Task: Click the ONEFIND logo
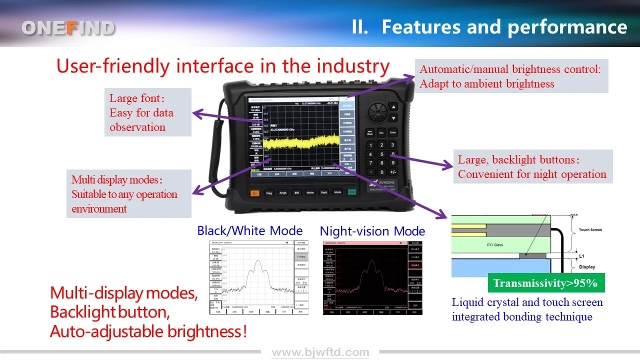tap(68, 28)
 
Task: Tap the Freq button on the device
tap(269, 192)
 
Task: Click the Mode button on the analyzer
tap(337, 192)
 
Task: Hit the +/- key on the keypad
tap(393, 172)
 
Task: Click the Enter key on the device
tap(393, 133)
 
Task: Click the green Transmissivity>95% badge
tap(545, 283)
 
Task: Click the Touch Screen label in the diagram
tap(590, 230)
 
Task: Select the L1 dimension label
tap(581, 256)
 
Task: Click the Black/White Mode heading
tap(249, 230)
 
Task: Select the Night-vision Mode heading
tap(372, 231)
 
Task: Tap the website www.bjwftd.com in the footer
tap(320, 352)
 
